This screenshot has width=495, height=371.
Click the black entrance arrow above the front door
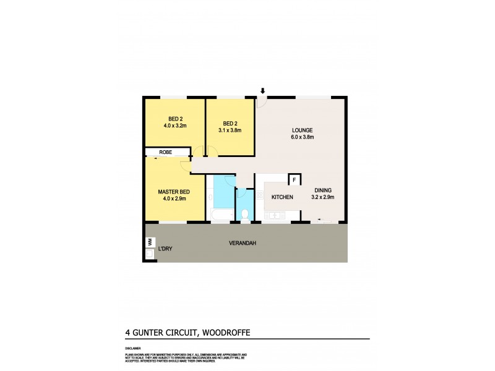262,91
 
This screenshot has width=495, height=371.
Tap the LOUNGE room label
303,130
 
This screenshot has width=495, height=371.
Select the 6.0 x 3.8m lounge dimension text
303,137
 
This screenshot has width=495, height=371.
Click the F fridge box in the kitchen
294,180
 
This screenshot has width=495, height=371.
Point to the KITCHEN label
282,197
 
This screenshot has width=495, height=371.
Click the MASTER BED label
173,191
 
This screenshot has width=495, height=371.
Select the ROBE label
165,152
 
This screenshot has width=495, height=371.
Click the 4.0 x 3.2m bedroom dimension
175,126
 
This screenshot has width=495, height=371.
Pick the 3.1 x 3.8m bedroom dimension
230,130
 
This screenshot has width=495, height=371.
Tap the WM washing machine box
149,242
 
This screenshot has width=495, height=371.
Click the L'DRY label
165,249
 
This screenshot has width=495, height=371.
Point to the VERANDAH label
244,242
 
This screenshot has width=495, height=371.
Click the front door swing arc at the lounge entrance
262,103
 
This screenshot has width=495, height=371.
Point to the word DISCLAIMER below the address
133,348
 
